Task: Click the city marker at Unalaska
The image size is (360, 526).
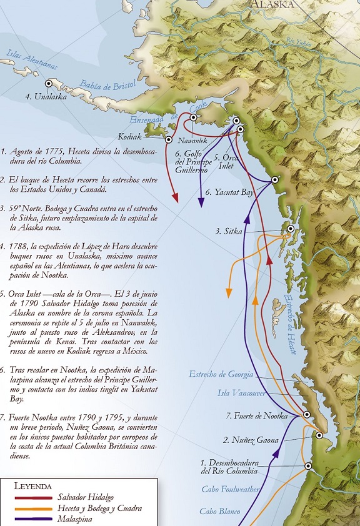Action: tap(48, 83)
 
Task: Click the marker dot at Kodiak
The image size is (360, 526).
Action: tap(168, 140)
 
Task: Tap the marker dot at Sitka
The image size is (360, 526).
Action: tap(290, 229)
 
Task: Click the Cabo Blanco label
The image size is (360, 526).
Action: tap(221, 512)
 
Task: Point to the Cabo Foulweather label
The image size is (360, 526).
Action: tap(231, 490)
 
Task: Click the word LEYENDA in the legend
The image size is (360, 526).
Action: tap(32, 485)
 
